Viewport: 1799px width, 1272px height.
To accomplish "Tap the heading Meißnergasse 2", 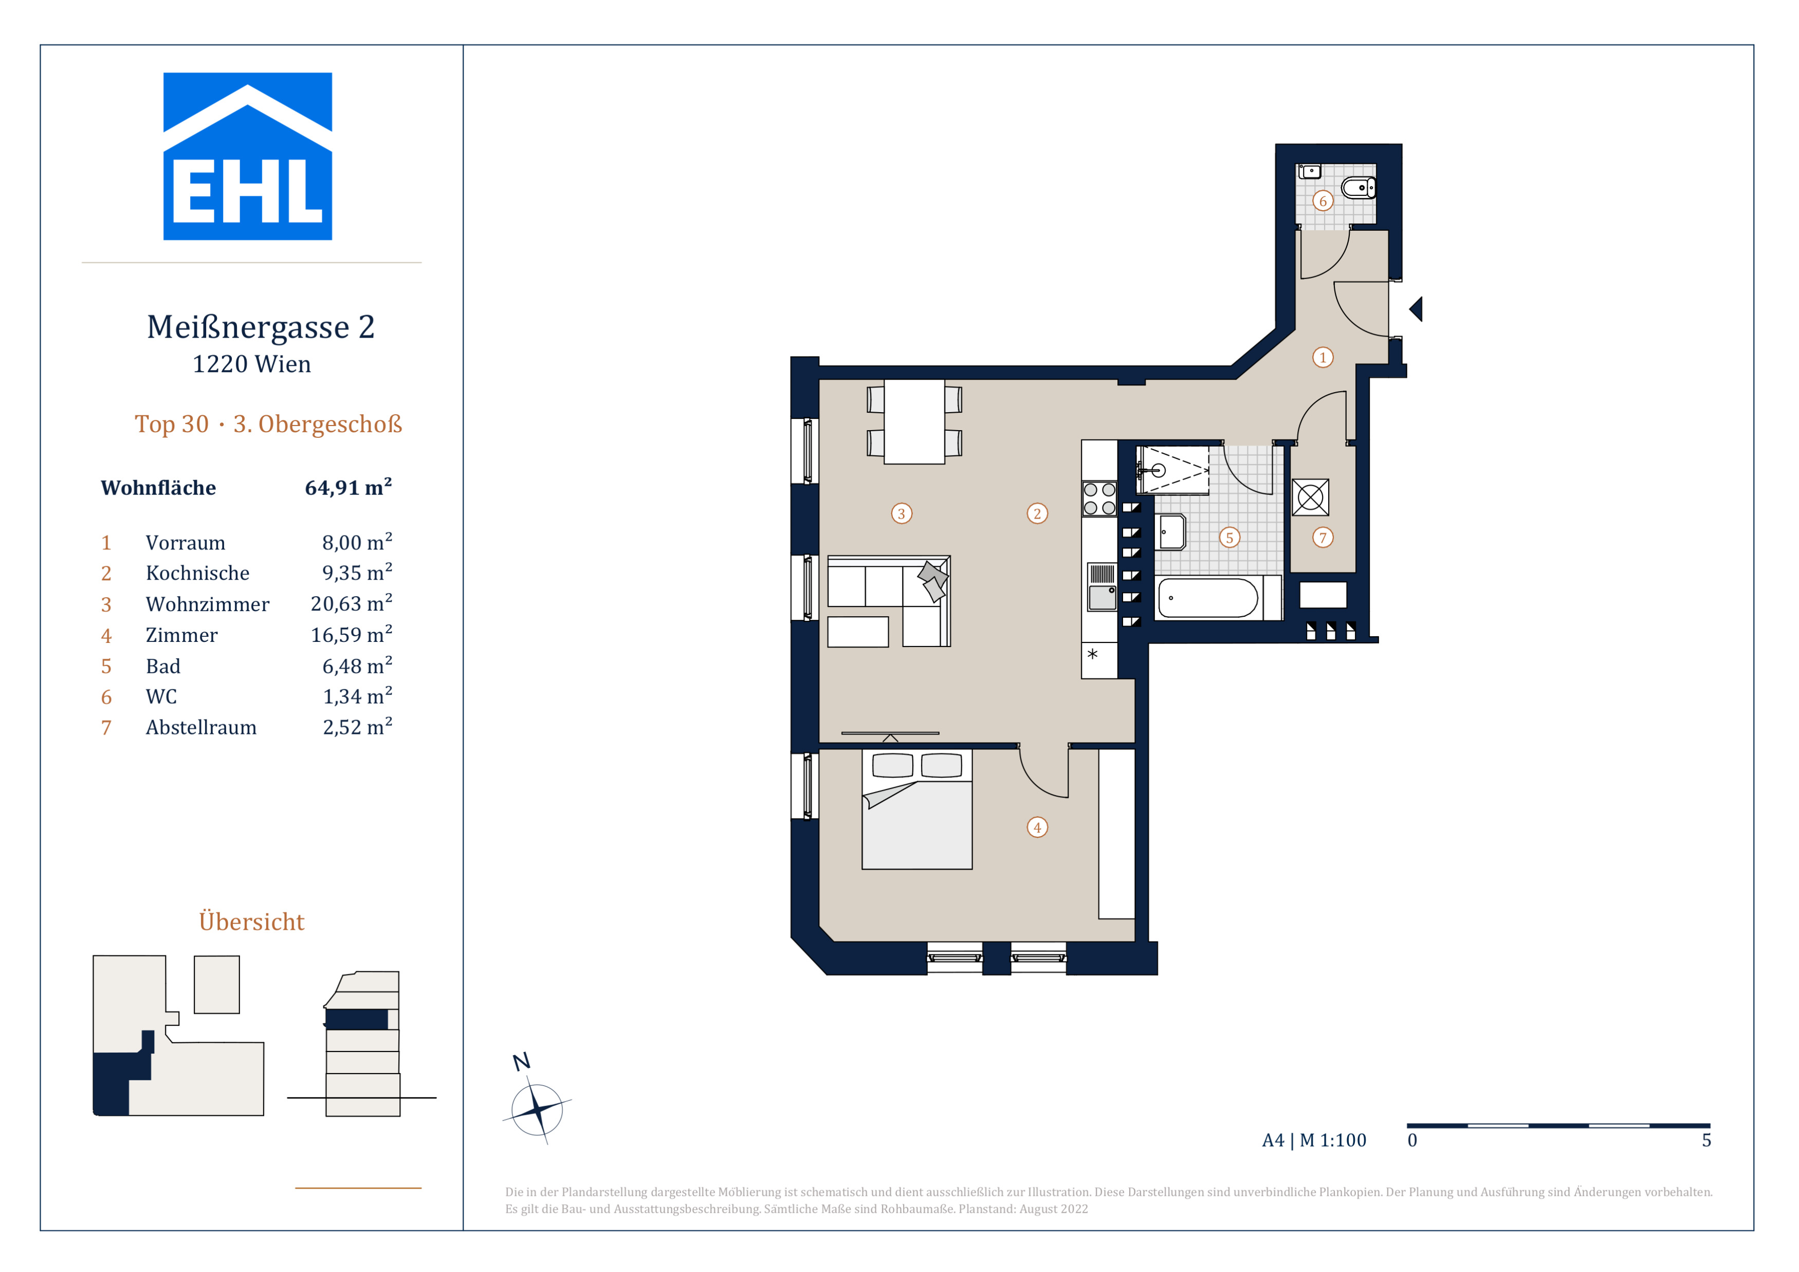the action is point(261,327).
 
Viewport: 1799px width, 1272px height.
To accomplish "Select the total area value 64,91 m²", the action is point(348,487).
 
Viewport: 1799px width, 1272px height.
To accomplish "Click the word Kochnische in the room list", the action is point(197,574).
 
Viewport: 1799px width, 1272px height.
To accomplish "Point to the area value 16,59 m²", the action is point(351,634).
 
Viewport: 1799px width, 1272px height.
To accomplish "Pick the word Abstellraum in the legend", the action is point(201,728).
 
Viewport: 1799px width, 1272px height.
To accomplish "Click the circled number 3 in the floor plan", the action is point(901,514).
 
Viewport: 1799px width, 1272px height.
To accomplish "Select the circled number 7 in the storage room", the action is point(1323,537).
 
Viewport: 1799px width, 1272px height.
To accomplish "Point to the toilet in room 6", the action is point(1359,188).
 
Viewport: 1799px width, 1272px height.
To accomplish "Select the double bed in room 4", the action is point(917,809).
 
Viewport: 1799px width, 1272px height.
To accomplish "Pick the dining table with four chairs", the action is point(914,421).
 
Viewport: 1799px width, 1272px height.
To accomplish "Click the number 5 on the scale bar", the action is point(1706,1140).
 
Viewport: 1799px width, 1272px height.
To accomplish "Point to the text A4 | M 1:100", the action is point(1314,1140).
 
